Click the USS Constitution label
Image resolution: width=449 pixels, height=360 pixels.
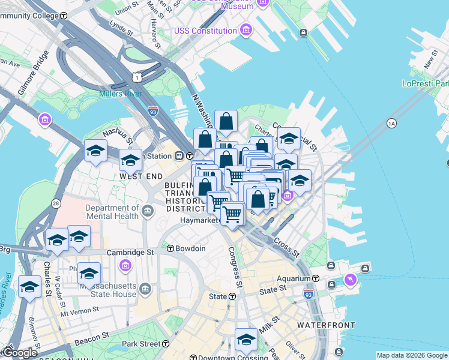click(x=206, y=31)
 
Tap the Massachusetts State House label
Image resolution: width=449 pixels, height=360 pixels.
click(x=108, y=290)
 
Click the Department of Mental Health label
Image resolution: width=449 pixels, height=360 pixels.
click(x=112, y=212)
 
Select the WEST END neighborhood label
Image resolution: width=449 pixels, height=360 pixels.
click(x=141, y=176)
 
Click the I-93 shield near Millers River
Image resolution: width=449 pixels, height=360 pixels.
click(x=152, y=110)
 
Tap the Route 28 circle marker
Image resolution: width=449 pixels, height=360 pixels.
click(x=56, y=204)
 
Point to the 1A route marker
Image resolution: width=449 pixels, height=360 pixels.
click(x=392, y=123)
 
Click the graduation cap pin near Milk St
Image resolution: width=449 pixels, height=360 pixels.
click(x=246, y=339)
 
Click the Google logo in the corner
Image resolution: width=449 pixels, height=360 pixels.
click(x=20, y=353)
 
